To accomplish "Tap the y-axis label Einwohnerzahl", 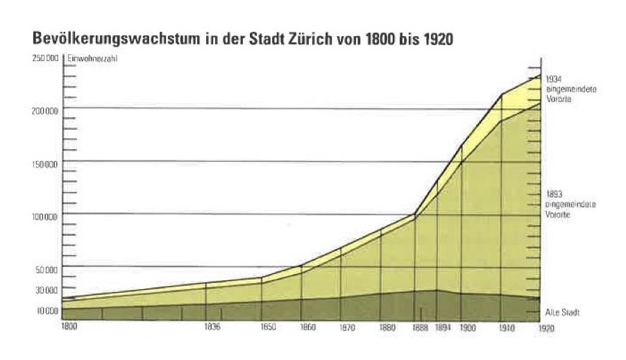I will point(92,58).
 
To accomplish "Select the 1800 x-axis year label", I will point(69,326).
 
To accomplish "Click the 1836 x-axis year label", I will point(212,327).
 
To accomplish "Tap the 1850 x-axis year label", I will point(267,327).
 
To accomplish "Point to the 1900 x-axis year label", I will point(468,327).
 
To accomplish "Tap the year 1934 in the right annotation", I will point(553,79).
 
